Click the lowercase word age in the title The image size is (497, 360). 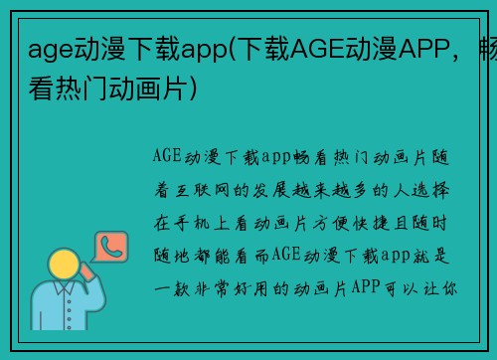tap(48, 47)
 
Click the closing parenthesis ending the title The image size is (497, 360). tap(204, 90)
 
